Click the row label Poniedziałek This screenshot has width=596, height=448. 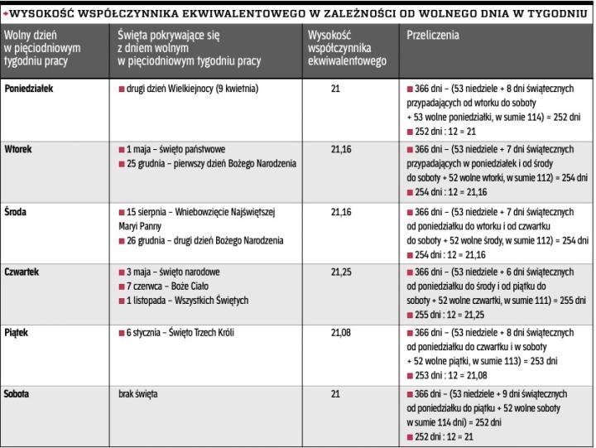[29, 89]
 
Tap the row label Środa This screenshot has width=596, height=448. [17, 211]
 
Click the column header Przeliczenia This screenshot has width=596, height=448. [433, 36]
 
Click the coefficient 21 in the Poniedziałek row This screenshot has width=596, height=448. [335, 89]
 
